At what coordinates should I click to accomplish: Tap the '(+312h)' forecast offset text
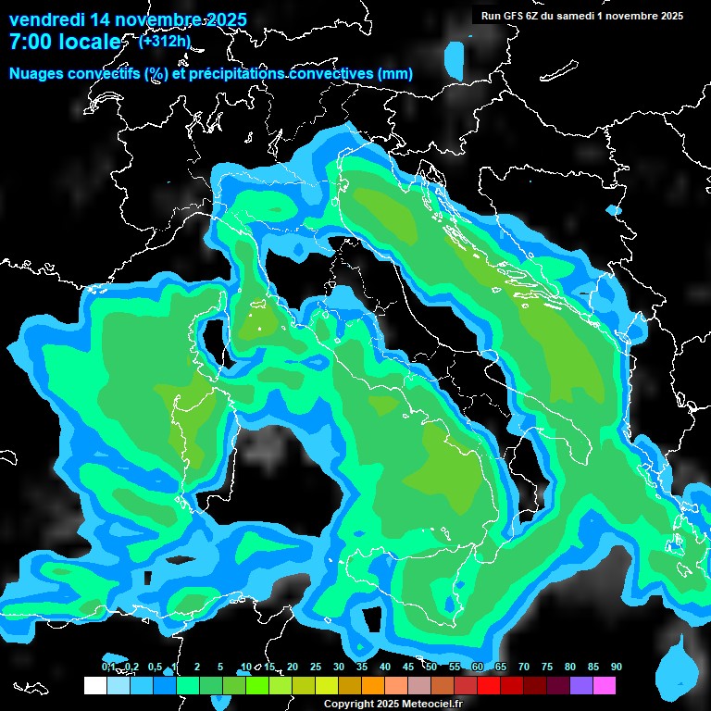(164, 41)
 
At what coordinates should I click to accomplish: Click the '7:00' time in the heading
(28, 42)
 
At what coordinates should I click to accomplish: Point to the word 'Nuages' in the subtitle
(37, 73)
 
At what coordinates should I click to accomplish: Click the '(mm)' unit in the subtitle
(394, 73)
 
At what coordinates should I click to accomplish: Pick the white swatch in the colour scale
(94, 685)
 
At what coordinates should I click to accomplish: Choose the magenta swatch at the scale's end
(605, 685)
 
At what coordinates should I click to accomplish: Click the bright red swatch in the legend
(489, 685)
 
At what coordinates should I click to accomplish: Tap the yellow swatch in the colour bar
(326, 685)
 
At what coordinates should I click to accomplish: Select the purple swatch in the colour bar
(581, 685)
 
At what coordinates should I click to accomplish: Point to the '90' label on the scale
(617, 667)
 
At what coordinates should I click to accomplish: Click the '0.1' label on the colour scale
(108, 667)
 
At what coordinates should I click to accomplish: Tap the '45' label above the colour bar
(408, 667)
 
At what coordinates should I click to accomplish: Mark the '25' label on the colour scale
(316, 667)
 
